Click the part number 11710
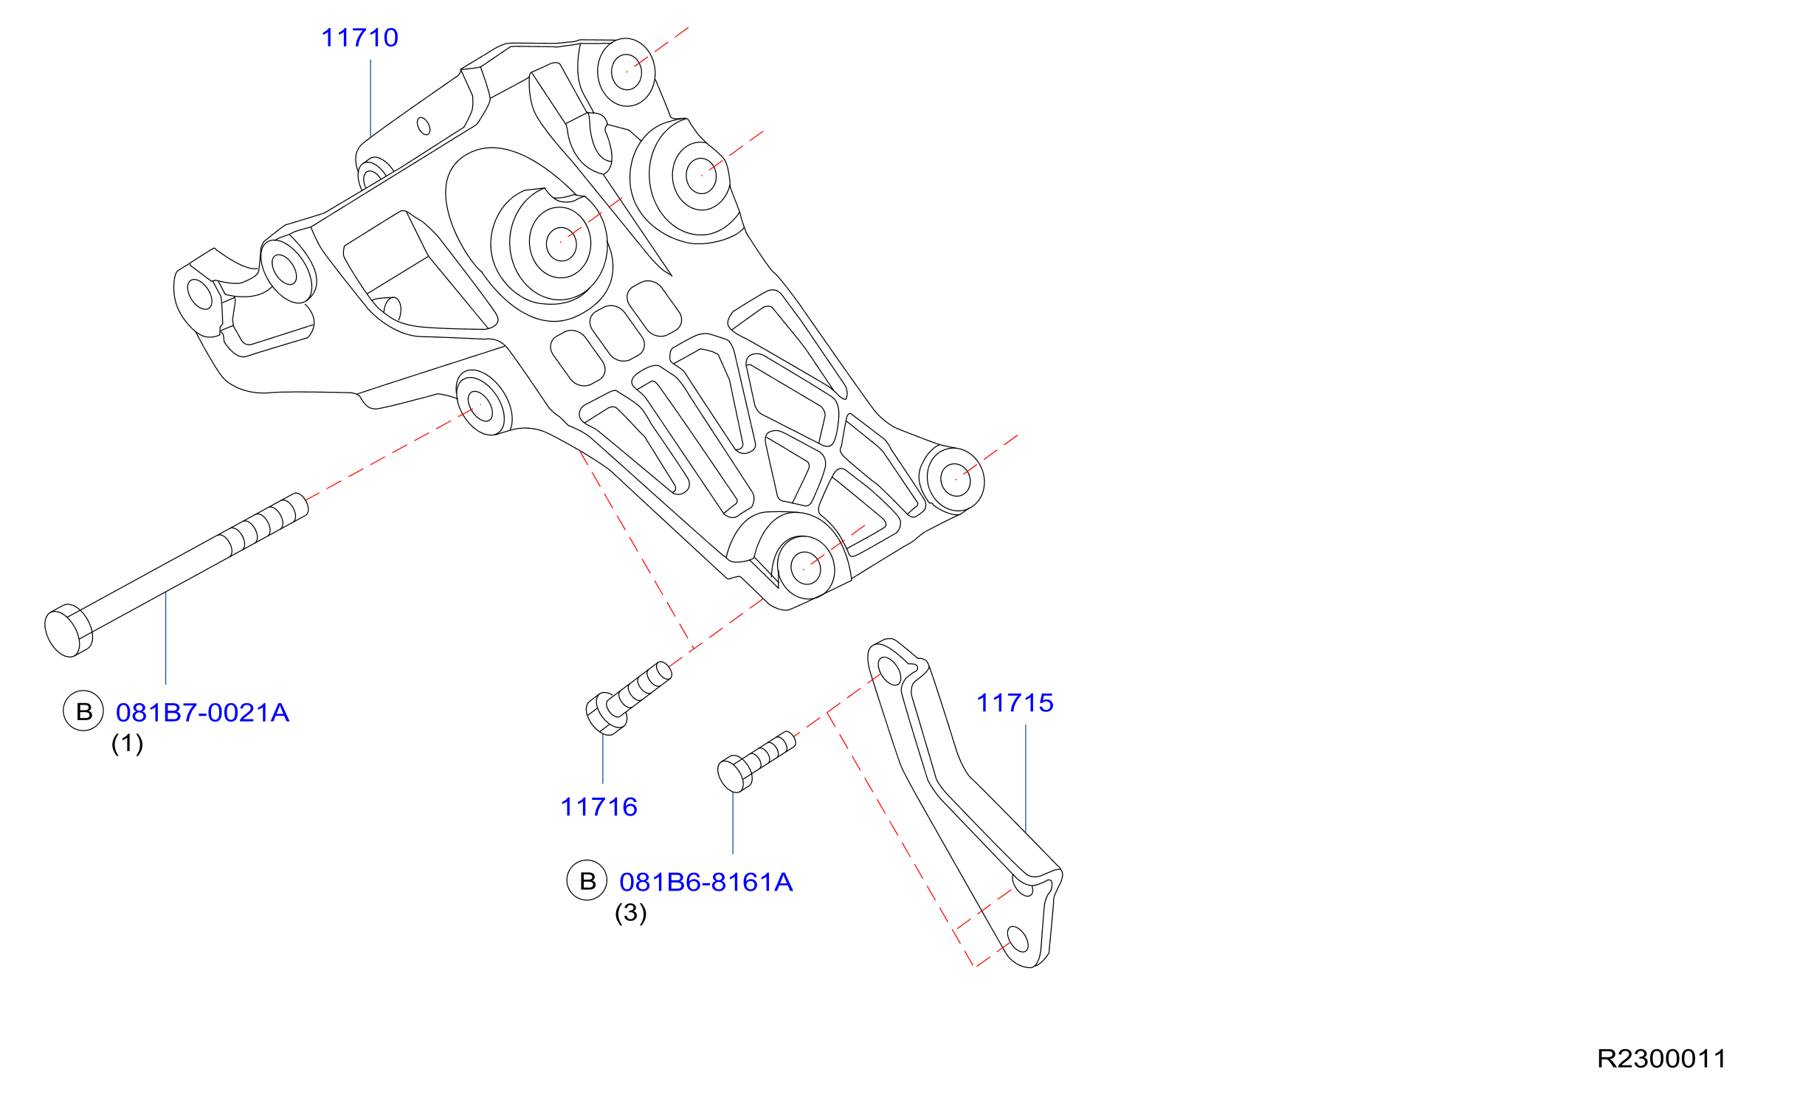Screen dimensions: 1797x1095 click(x=359, y=38)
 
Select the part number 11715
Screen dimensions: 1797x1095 click(x=1015, y=703)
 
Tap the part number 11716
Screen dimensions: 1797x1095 click(x=599, y=807)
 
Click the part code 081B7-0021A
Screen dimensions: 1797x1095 click(x=202, y=713)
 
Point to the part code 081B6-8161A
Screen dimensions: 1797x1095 click(x=706, y=882)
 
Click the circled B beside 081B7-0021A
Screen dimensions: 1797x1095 click(x=83, y=711)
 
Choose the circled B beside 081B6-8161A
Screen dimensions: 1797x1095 click(x=587, y=880)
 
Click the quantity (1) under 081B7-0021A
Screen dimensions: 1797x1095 click(x=127, y=743)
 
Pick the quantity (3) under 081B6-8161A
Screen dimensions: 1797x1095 click(x=631, y=913)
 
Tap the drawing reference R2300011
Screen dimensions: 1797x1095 click(x=1661, y=1059)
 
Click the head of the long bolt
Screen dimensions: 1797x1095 click(x=68, y=631)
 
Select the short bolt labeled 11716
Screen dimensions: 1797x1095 click(x=628, y=698)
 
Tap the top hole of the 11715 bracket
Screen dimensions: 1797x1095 click(x=890, y=671)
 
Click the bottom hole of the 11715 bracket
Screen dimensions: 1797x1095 click(x=1018, y=939)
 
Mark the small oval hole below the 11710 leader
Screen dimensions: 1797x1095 click(x=424, y=126)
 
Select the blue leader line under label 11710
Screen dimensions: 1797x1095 click(x=370, y=98)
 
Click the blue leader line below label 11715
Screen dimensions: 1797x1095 click(x=1026, y=779)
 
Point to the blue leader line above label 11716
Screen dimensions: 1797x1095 click(x=603, y=759)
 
